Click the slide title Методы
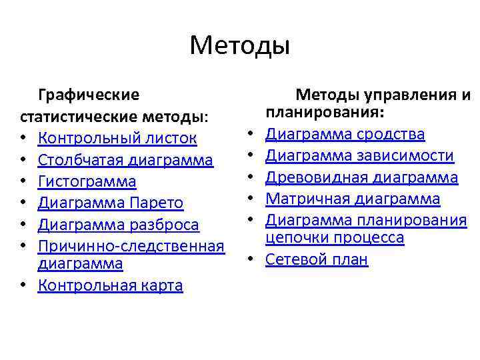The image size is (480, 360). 240,46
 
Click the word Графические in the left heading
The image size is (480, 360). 89,95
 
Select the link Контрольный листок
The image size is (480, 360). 117,138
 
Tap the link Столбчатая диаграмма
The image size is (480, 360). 125,160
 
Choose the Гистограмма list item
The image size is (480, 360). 87,181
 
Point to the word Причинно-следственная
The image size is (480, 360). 131,246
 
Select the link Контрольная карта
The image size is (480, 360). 110,285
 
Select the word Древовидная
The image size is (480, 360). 313,177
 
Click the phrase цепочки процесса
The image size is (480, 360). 335,238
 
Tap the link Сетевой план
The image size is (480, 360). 317,259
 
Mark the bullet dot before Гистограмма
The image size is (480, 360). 24,181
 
